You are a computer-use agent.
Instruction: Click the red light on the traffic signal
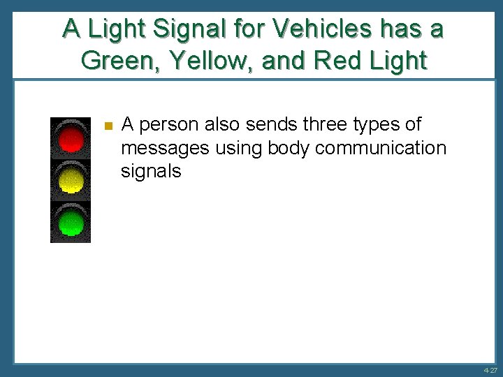coord(71,138)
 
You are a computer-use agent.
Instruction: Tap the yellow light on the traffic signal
coord(71,180)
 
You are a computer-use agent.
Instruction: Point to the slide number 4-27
coord(488,370)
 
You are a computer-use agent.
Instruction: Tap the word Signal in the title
coord(182,29)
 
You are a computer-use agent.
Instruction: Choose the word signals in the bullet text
coord(151,171)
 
